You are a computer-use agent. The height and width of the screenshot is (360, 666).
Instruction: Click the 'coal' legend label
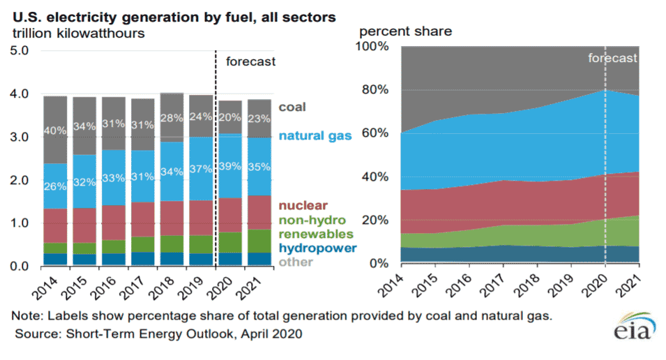(292, 107)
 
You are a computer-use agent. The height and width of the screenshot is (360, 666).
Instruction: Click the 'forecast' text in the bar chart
(251, 61)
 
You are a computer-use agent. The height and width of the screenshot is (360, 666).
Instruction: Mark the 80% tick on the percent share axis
(375, 90)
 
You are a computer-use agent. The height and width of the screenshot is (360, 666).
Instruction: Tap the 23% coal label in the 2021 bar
(259, 118)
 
